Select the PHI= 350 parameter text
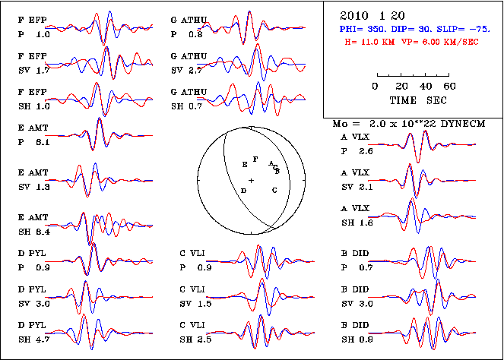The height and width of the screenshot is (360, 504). pos(363,29)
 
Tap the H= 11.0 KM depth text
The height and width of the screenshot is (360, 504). pos(373,42)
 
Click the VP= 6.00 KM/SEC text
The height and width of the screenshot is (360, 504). pos(443,42)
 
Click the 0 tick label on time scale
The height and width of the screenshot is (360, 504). pos(376,87)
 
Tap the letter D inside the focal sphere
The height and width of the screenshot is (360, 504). pos(243,190)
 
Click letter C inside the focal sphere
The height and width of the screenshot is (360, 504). pos(274,190)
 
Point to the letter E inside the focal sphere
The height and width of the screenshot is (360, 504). pos(244,164)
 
